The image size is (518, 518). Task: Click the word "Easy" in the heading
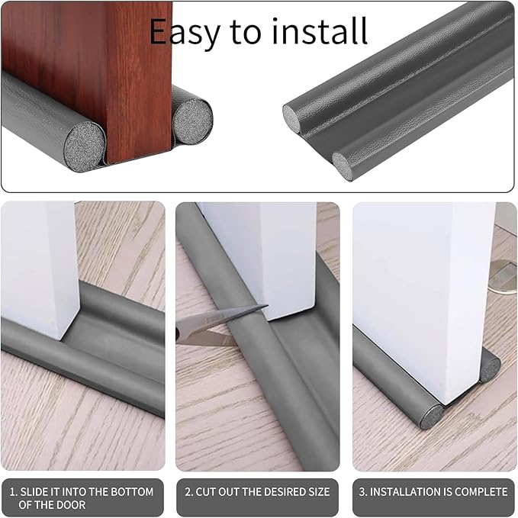tap(185, 31)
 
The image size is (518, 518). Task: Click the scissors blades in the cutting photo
tap(219, 325)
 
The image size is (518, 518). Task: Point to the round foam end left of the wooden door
tap(84, 146)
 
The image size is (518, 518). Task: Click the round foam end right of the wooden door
tap(192, 121)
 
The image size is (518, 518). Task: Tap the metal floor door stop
tap(503, 276)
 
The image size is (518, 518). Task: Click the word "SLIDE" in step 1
tap(34, 492)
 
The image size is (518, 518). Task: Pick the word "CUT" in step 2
tap(206, 492)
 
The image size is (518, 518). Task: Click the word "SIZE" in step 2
tap(319, 492)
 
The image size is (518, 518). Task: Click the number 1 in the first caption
tap(12, 492)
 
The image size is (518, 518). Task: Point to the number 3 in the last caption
tap(362, 492)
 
